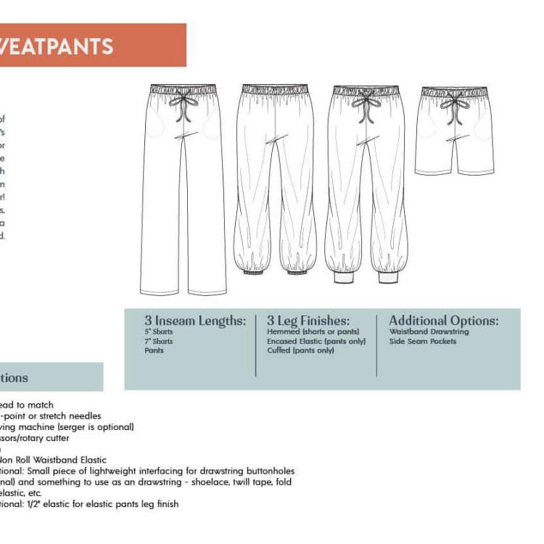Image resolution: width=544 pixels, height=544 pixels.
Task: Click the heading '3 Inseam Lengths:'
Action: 195,321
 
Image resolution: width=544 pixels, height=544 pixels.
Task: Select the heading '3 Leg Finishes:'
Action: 308,321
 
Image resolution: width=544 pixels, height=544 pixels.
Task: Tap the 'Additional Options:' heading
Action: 443,321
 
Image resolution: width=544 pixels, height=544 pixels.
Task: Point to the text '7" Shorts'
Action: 159,342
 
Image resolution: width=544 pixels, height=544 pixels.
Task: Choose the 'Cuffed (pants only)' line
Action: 300,351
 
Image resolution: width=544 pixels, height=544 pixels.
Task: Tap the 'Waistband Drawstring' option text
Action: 429,332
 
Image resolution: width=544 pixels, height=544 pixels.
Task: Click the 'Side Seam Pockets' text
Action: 423,342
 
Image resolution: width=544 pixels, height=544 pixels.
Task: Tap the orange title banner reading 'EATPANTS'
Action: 93,46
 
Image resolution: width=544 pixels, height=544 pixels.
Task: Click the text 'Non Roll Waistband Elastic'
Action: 54,460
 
